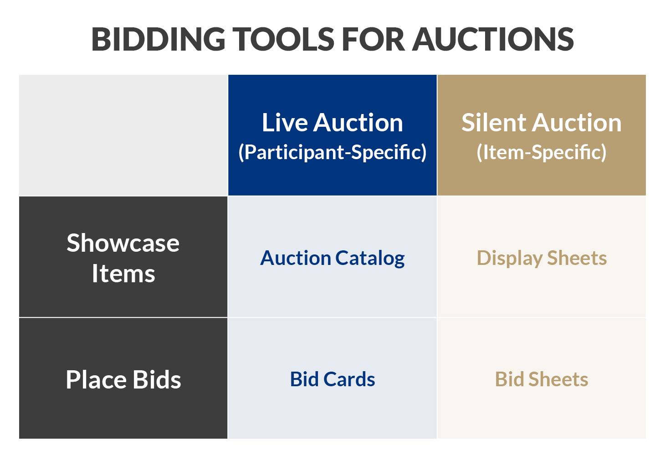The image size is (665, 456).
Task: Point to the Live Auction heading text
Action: pos(332,123)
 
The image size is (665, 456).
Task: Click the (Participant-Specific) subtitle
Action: pos(332,152)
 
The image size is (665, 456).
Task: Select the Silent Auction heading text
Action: pos(542,123)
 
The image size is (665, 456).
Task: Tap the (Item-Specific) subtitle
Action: pos(542,152)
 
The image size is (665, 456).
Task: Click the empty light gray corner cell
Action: pos(123,135)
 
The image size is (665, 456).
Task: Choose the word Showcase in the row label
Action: pos(123,243)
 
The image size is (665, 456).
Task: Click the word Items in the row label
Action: pos(123,274)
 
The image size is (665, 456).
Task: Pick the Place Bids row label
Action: pos(123,379)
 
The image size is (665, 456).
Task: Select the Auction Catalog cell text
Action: pos(332,258)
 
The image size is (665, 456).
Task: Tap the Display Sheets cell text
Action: pos(542,258)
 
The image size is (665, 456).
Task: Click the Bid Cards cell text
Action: pos(332,379)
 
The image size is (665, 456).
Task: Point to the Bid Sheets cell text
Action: pos(542,379)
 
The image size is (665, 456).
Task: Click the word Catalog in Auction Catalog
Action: pos(370,258)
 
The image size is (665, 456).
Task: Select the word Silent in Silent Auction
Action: pos(494,123)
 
